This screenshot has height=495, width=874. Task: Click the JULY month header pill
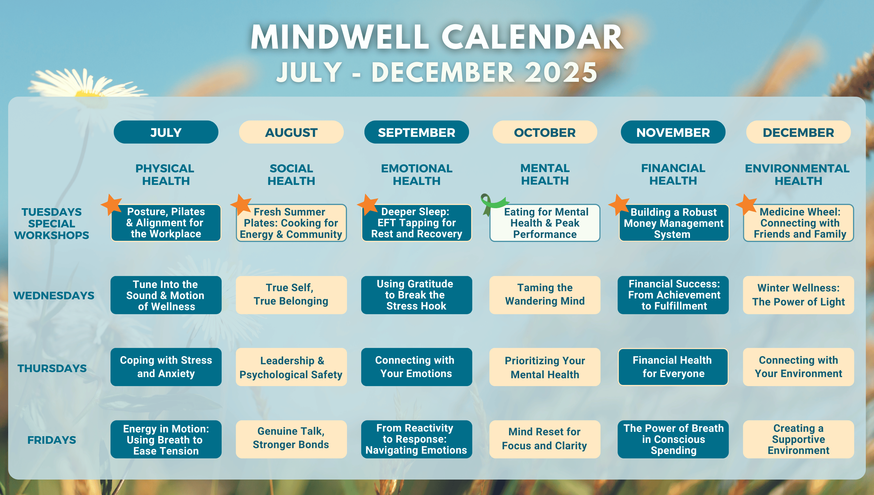pyautogui.click(x=166, y=132)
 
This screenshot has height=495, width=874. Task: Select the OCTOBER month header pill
pyautogui.click(x=545, y=132)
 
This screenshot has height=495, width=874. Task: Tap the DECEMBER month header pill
pyautogui.click(x=798, y=132)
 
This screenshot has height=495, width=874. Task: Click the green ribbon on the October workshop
pyautogui.click(x=492, y=204)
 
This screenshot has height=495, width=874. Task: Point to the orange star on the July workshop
pyautogui.click(x=112, y=204)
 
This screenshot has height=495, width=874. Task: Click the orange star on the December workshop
pyautogui.click(x=746, y=204)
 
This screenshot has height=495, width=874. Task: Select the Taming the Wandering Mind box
pyautogui.click(x=545, y=295)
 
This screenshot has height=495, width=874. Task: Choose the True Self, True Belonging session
pyautogui.click(x=291, y=295)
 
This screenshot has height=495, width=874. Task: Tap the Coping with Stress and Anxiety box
pyautogui.click(x=166, y=367)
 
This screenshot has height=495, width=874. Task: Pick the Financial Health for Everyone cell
pyautogui.click(x=673, y=367)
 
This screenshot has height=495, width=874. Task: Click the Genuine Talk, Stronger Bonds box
pyautogui.click(x=291, y=439)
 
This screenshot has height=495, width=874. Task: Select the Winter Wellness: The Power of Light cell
pyautogui.click(x=798, y=295)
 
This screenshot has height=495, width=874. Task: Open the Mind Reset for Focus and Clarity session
pyautogui.click(x=545, y=439)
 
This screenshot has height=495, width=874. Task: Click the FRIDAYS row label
pyautogui.click(x=52, y=440)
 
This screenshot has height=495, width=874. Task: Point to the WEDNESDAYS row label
pyautogui.click(x=54, y=296)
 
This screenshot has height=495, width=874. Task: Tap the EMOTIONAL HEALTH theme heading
pyautogui.click(x=417, y=174)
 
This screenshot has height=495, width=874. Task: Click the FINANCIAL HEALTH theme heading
pyautogui.click(x=673, y=174)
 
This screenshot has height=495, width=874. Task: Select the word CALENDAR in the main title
pyautogui.click(x=533, y=37)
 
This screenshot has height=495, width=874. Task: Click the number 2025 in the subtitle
pyautogui.click(x=561, y=72)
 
